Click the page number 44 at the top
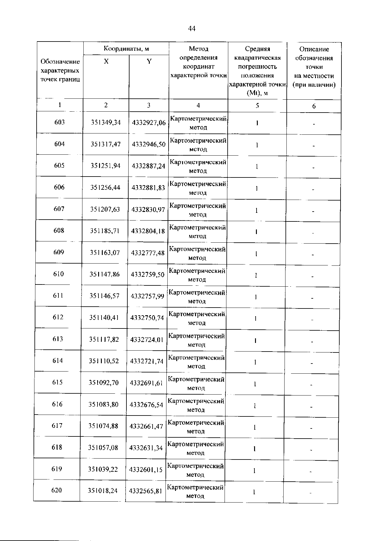tap(191, 29)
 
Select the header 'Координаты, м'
tap(126, 49)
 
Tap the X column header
tap(106, 62)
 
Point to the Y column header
tap(149, 62)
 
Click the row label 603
tap(60, 122)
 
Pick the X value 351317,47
tap(106, 144)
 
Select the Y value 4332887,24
tap(149, 166)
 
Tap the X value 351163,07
tap(105, 253)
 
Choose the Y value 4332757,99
tap(147, 296)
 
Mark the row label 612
tap(58, 317)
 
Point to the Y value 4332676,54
tap(146, 405)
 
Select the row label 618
tap(57, 448)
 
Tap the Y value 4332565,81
tap(146, 491)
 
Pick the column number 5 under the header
tap(257, 105)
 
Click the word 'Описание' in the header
tap(314, 49)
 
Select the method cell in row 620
tap(195, 491)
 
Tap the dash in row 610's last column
tap(312, 276)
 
